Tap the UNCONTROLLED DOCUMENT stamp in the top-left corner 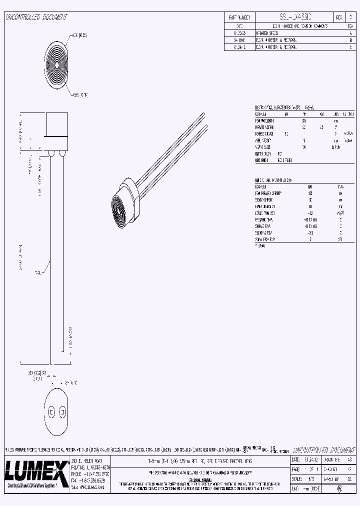pyautogui.click(x=35, y=17)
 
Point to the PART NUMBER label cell pyautogui.click(x=239, y=17)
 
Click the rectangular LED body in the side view pyautogui.click(x=56, y=125)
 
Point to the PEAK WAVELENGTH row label pyautogui.click(x=265, y=120)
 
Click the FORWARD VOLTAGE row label pyautogui.click(x=265, y=127)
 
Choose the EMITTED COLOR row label pyautogui.click(x=263, y=153)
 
